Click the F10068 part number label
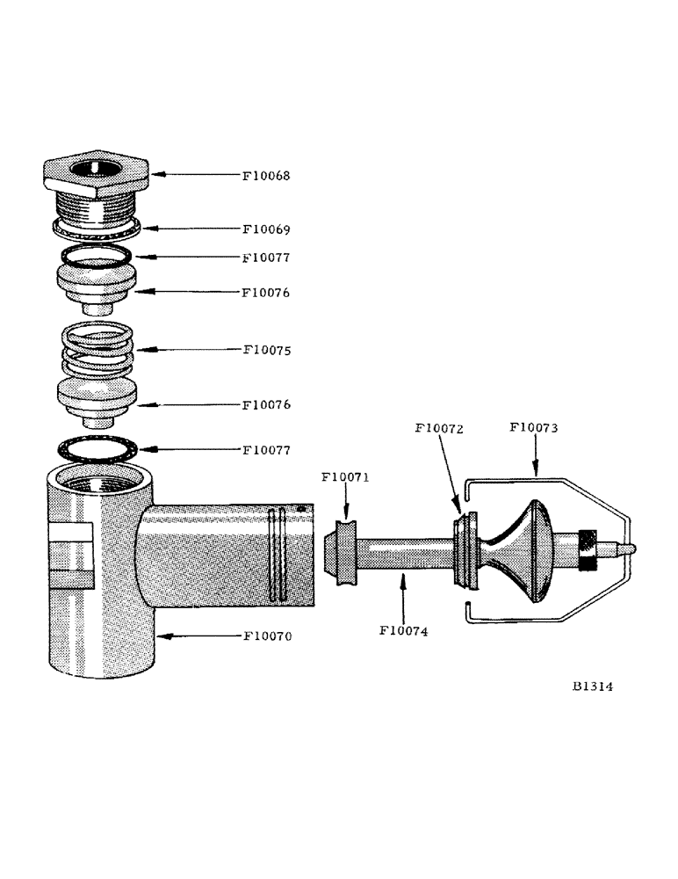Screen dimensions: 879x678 point(266,176)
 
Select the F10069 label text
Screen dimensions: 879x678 point(266,229)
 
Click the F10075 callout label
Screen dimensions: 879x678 point(266,350)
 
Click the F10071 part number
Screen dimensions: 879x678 point(346,478)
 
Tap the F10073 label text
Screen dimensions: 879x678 point(535,429)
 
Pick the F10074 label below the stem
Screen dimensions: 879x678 point(404,630)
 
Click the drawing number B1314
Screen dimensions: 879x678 point(591,687)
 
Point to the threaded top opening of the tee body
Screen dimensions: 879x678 point(97,480)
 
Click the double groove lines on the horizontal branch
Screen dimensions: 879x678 point(277,554)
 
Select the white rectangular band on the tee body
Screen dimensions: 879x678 point(69,531)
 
